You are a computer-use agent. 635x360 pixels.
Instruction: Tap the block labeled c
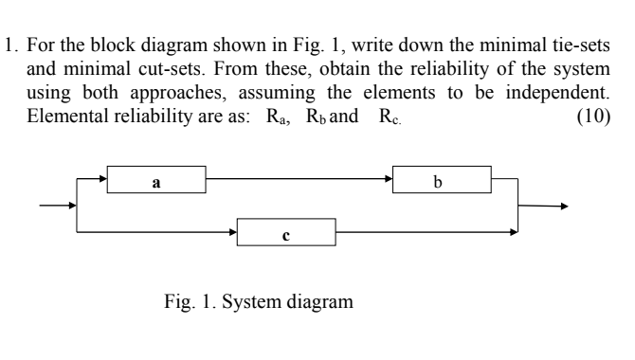pyautogui.click(x=287, y=232)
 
